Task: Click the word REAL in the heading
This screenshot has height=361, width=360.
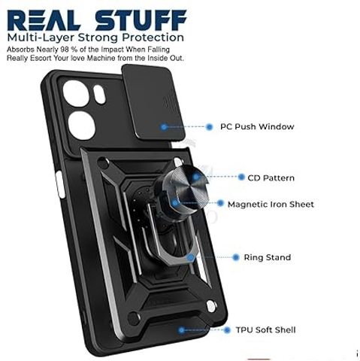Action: click(x=44, y=20)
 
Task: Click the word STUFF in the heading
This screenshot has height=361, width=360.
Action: click(x=141, y=20)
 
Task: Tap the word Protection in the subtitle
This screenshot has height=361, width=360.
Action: click(x=153, y=38)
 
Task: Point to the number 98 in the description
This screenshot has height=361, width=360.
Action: click(x=64, y=50)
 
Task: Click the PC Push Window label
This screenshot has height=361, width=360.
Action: click(x=257, y=126)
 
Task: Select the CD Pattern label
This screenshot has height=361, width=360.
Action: click(x=271, y=178)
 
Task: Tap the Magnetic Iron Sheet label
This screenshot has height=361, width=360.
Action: click(x=271, y=205)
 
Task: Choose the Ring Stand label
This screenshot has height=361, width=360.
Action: click(x=268, y=257)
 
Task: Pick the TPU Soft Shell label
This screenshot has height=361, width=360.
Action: click(x=265, y=330)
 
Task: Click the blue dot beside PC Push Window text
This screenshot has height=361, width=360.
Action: click(x=209, y=127)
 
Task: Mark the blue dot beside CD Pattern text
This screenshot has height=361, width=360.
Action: click(x=241, y=177)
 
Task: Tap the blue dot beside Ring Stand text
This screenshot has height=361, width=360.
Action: click(x=235, y=257)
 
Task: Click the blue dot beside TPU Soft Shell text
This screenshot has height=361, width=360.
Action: click(x=227, y=330)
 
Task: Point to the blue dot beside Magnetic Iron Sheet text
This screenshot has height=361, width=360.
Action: click(x=220, y=203)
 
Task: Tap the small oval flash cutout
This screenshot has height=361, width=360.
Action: click(x=99, y=94)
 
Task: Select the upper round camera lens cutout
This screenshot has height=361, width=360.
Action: click(x=76, y=94)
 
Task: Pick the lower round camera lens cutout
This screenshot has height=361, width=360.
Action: click(x=82, y=126)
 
